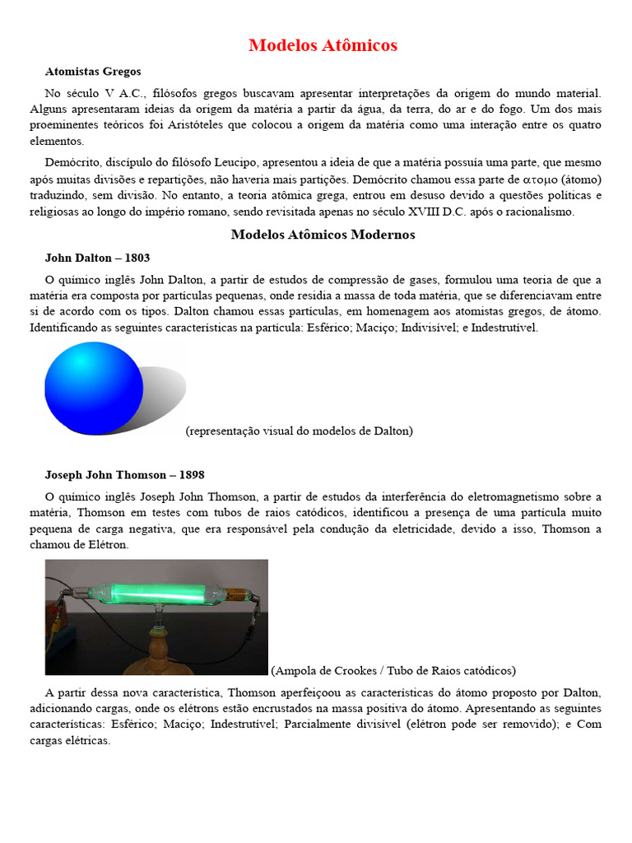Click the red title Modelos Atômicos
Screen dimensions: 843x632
tap(323, 45)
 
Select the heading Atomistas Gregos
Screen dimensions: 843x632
tap(93, 72)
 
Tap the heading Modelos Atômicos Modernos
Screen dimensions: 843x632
tap(323, 235)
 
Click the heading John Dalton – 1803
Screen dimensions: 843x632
tap(97, 258)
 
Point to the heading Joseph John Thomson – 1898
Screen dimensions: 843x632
tap(124, 475)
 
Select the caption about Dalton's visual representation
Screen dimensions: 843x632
tap(300, 431)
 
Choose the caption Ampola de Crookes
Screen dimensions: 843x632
tap(393, 670)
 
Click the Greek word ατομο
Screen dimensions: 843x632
tap(539, 179)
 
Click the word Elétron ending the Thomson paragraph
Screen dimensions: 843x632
tap(107, 545)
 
